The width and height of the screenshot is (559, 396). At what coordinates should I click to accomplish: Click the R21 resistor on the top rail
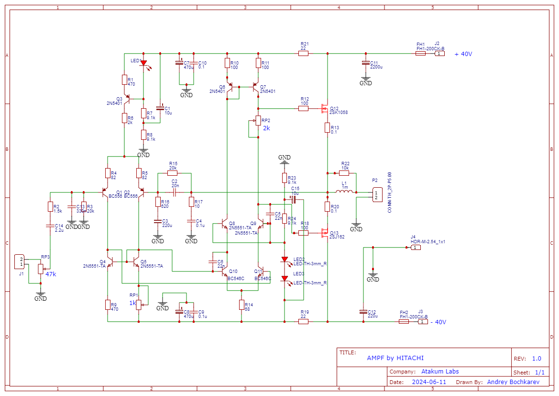pos(303,54)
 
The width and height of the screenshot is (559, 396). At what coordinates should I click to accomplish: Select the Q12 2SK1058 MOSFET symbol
pos(325,109)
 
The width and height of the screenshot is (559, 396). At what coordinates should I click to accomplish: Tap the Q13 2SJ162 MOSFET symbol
pos(325,233)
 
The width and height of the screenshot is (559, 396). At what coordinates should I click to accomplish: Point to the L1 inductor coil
pos(344,192)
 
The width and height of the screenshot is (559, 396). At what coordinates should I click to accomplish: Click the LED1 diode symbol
pos(143,63)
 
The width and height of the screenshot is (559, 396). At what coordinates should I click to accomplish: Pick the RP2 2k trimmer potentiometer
pos(258,121)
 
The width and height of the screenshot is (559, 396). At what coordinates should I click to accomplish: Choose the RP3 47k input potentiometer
pos(41,269)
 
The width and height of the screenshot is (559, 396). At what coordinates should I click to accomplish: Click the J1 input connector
pos(20,262)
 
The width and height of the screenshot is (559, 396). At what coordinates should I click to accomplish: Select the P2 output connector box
pos(376,194)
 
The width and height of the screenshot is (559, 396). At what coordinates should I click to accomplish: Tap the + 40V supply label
pos(463,54)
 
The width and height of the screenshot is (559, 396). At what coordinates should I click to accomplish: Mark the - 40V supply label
pos(438,322)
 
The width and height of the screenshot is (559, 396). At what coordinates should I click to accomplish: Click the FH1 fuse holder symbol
pos(420,54)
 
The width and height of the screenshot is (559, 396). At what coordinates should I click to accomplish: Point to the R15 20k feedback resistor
pos(173,173)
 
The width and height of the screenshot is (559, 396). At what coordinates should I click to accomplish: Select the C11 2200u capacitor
pos(366,63)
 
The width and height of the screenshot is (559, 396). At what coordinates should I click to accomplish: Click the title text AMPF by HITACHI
pos(395,358)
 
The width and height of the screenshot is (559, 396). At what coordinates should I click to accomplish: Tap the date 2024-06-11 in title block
pos(428,382)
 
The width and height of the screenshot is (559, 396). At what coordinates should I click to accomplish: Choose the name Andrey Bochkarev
pos(513,382)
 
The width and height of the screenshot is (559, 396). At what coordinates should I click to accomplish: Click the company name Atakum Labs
pos(440,372)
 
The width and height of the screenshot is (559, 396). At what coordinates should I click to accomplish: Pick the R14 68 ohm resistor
pos(241,305)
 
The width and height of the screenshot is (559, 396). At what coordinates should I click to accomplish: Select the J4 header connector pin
pos(416,248)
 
